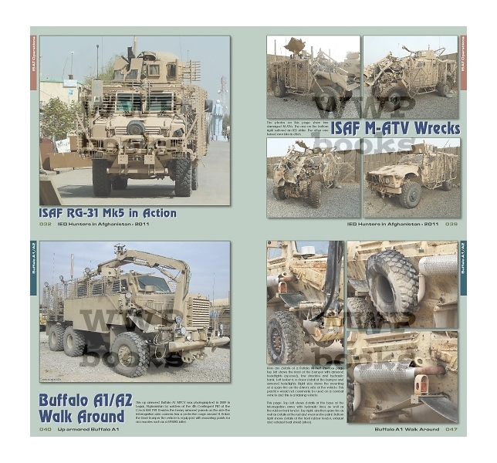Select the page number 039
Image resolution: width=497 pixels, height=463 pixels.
(451, 225)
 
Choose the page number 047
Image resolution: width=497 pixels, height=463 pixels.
(451, 429)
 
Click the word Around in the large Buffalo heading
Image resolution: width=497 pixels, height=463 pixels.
(109, 417)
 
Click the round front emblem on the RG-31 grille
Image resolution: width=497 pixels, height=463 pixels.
(136, 128)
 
